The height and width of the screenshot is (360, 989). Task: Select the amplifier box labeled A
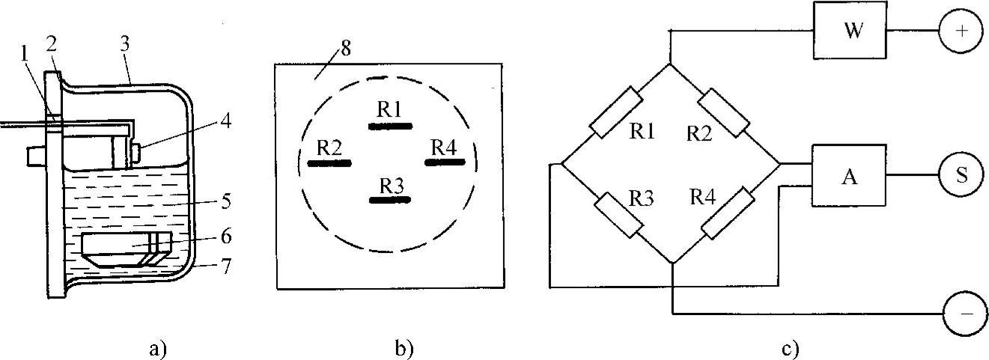[x=848, y=175]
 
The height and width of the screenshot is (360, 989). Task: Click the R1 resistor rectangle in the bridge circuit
[x=615, y=112]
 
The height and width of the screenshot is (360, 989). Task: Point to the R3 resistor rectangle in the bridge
[x=618, y=216]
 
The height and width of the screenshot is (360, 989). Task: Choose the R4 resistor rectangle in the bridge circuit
[x=726, y=215]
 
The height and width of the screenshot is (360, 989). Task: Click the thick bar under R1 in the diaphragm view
[x=390, y=126]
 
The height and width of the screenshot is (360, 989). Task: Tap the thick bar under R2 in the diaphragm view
[x=329, y=162]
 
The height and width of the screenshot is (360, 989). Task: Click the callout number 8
[x=345, y=51]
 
